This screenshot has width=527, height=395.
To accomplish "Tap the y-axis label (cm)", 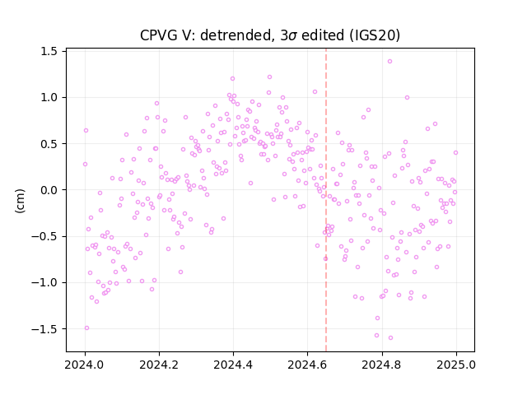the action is (x=20, y=201).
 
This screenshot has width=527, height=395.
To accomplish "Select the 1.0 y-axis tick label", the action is (x=49, y=97).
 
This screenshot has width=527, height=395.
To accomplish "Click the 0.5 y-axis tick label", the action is (x=49, y=144).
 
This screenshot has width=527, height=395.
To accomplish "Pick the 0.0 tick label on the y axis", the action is (x=49, y=190).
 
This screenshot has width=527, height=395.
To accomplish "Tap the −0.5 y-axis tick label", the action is (x=44, y=236).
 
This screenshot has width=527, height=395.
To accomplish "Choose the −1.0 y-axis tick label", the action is (x=44, y=282).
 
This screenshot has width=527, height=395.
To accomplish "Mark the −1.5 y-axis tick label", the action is (x=44, y=329).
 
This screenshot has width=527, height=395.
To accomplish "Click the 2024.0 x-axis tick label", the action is (x=84, y=365).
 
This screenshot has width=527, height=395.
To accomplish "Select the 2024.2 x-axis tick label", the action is (x=159, y=365).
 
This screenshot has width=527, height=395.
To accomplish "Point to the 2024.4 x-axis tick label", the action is (x=233, y=365).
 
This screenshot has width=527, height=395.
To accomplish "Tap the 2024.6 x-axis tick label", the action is (x=307, y=365).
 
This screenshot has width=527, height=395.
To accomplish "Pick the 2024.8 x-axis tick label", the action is (x=381, y=365).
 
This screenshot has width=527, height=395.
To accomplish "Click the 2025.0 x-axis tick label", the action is (x=456, y=365).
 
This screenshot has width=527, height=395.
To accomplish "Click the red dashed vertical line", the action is (x=326, y=200).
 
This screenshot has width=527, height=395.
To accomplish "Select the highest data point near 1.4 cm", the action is (x=389, y=61).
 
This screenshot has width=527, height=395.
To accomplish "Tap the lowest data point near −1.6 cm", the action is (x=390, y=337).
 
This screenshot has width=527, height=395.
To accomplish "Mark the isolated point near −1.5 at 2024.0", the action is (x=86, y=328).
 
